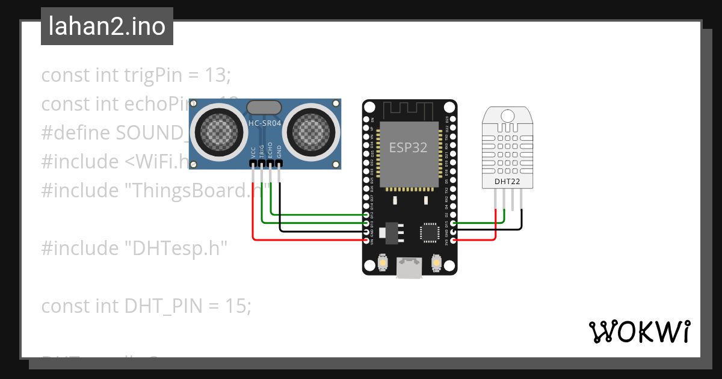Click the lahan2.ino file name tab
(106, 26)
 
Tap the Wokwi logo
(639, 331)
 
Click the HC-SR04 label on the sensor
(265, 123)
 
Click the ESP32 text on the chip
(409, 147)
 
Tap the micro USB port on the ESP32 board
(409, 269)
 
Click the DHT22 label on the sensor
(507, 180)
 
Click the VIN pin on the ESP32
(366, 240)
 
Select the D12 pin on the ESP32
(366, 214)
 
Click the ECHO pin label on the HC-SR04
(271, 149)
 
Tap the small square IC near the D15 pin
(430, 232)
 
